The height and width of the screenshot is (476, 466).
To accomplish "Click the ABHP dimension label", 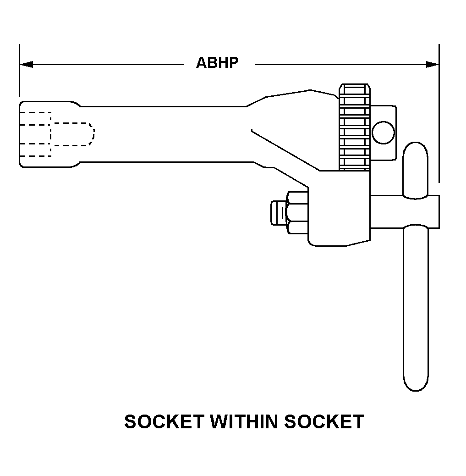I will tap(217, 63).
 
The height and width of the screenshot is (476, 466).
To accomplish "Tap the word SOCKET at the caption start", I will tap(162, 421).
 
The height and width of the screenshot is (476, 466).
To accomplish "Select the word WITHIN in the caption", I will tap(243, 421).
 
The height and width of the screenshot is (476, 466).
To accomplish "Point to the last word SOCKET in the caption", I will tap(324, 421).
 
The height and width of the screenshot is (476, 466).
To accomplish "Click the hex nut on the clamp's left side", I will tap(297, 212).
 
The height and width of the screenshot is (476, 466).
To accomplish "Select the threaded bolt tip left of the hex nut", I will tap(278, 212).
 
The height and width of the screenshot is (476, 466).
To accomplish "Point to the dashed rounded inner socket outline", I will tap(73, 133).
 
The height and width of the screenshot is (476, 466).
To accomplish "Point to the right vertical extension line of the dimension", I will tap(439, 115).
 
